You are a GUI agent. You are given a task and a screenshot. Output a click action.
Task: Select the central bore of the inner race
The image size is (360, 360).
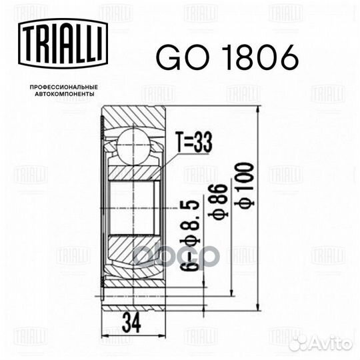pyautogui.click(x=133, y=207)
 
